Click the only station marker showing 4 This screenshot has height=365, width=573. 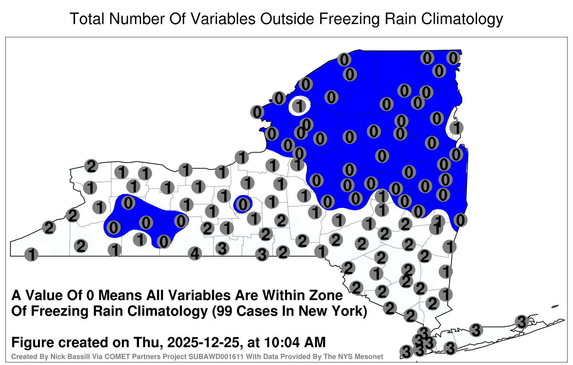pyautogui.click(x=195, y=254)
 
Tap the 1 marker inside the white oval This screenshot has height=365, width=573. pyautogui.click(x=299, y=106)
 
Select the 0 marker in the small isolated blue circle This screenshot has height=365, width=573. pyautogui.click(x=243, y=204)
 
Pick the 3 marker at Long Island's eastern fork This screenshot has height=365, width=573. pyautogui.click(x=521, y=322)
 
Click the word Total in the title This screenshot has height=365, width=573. pyautogui.click(x=87, y=19)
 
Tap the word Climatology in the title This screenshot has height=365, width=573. pyautogui.click(x=462, y=19)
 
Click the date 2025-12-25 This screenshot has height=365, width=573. pyautogui.click(x=204, y=342)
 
